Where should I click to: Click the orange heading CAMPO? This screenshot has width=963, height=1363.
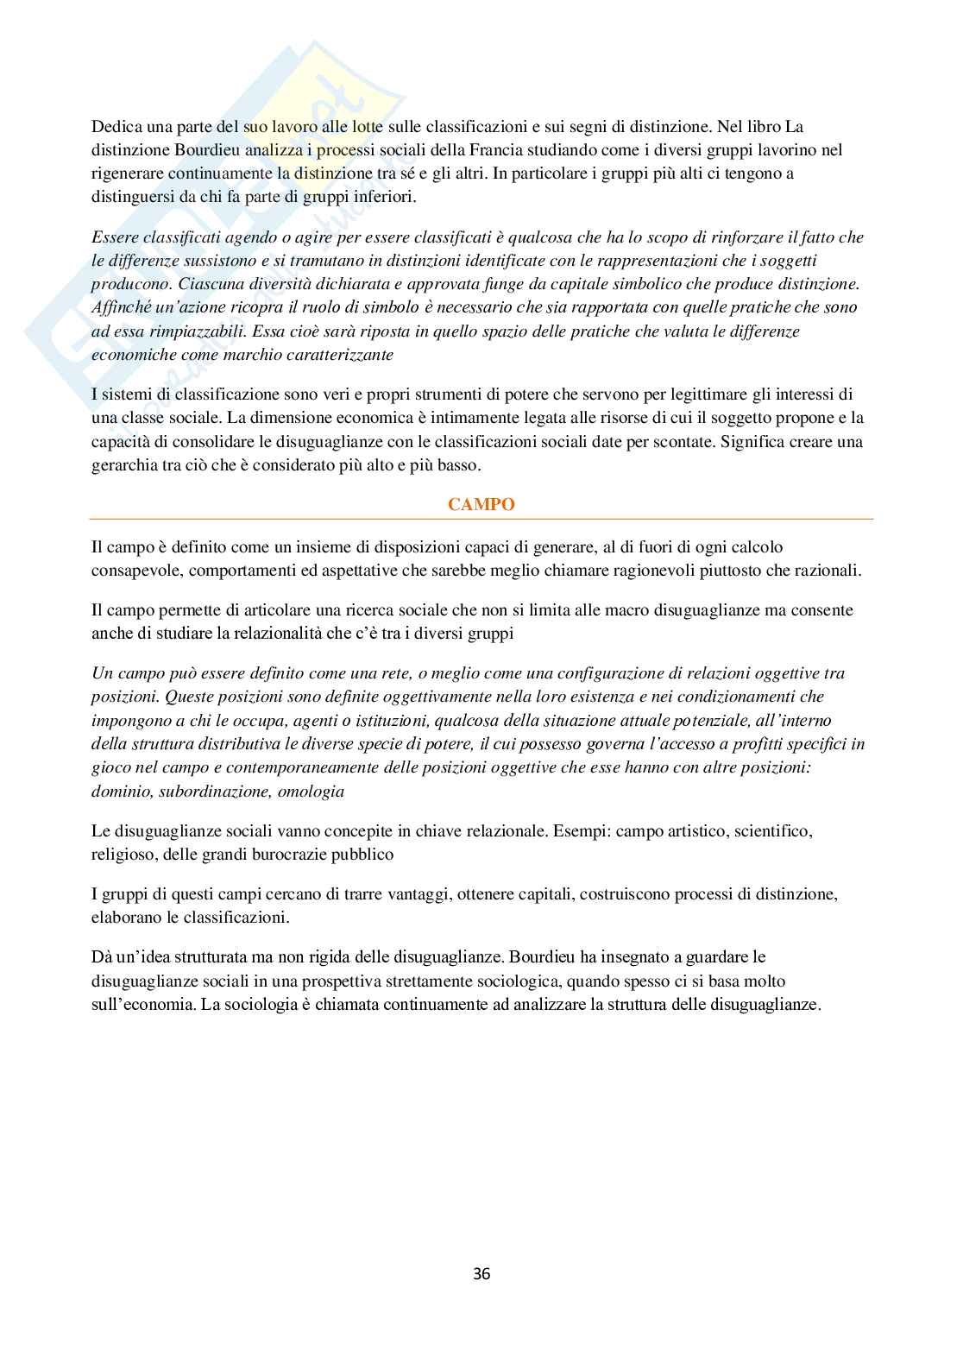click(x=481, y=505)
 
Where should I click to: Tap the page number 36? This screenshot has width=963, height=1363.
click(x=481, y=1273)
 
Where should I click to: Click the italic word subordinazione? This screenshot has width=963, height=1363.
click(x=211, y=791)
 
